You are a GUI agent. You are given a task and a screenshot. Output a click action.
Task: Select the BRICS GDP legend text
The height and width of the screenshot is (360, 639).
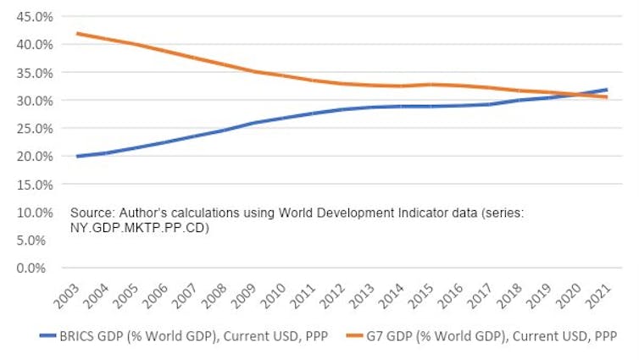pyautogui.click(x=192, y=335)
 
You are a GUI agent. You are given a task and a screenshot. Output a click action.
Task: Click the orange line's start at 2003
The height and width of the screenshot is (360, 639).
pyautogui.click(x=77, y=34)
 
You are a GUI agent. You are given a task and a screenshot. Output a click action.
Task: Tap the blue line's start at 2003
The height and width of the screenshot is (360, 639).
pyautogui.click(x=77, y=156)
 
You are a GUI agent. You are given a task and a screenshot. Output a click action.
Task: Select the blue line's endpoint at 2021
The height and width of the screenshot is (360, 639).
pyautogui.click(x=607, y=89)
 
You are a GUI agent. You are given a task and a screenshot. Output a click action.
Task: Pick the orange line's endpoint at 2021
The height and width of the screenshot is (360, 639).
pyautogui.click(x=607, y=97)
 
